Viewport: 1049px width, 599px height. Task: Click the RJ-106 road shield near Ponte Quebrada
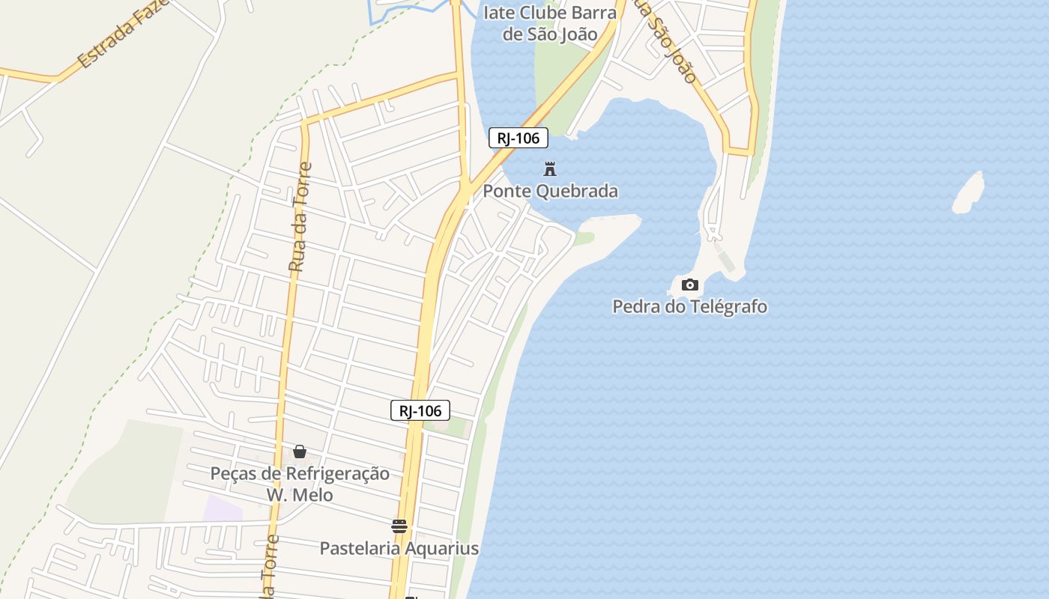pyautogui.click(x=519, y=138)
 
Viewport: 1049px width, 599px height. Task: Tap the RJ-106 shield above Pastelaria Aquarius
pyautogui.click(x=420, y=410)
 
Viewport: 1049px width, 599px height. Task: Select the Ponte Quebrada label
pyautogui.click(x=550, y=191)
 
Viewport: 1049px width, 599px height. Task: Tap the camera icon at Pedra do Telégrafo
pyautogui.click(x=690, y=285)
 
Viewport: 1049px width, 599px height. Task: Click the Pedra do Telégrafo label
pyautogui.click(x=689, y=306)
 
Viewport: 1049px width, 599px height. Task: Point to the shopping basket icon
pyautogui.click(x=300, y=451)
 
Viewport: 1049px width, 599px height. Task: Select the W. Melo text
pyautogui.click(x=300, y=495)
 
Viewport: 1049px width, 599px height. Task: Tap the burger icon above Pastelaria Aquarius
pyautogui.click(x=399, y=526)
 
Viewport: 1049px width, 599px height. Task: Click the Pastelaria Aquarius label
pyautogui.click(x=399, y=548)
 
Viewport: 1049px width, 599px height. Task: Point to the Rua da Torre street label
pyautogui.click(x=299, y=217)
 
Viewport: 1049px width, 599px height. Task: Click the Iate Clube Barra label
pyautogui.click(x=550, y=13)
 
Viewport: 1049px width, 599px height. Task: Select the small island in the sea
pyautogui.click(x=968, y=192)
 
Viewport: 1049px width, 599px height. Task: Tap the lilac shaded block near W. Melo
pyautogui.click(x=223, y=507)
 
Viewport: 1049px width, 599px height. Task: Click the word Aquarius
pyautogui.click(x=443, y=548)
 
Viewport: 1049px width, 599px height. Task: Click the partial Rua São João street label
pyautogui.click(x=667, y=41)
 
